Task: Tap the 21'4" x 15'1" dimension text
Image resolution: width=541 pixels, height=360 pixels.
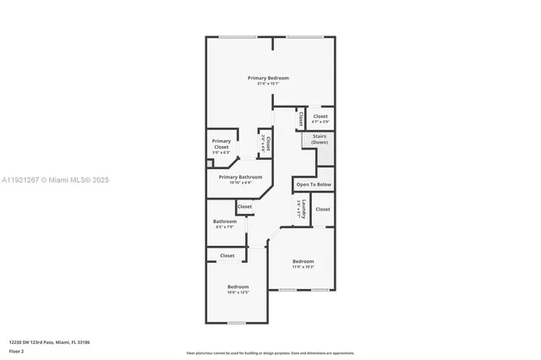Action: pos(269,84)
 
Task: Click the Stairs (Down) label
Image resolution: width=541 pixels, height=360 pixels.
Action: pos(320,139)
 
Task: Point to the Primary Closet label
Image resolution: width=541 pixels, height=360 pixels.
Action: pos(221,144)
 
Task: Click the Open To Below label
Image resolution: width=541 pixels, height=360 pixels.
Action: pos(314,183)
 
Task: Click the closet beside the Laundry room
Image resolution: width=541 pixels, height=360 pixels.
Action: pos(322,209)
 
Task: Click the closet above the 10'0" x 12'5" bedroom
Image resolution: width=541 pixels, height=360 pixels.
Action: pos(227,255)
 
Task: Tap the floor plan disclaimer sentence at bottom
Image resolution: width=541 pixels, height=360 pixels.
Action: pos(270,352)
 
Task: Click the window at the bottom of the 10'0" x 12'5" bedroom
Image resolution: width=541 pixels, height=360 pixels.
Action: pos(237,322)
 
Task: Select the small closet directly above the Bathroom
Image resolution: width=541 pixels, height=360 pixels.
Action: pos(244,206)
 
